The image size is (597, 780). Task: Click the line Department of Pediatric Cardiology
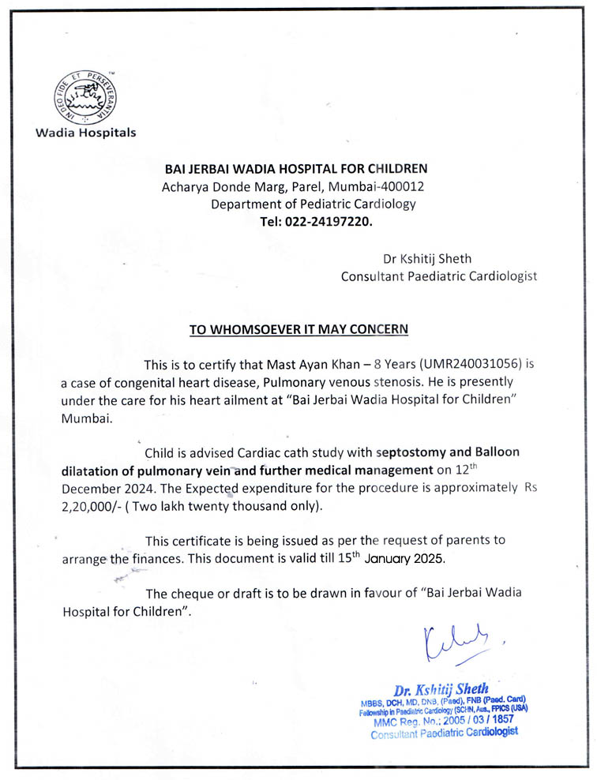coord(313,204)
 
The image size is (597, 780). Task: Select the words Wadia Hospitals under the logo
coord(85,132)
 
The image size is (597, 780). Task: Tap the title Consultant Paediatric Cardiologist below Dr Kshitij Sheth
coord(438,276)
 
